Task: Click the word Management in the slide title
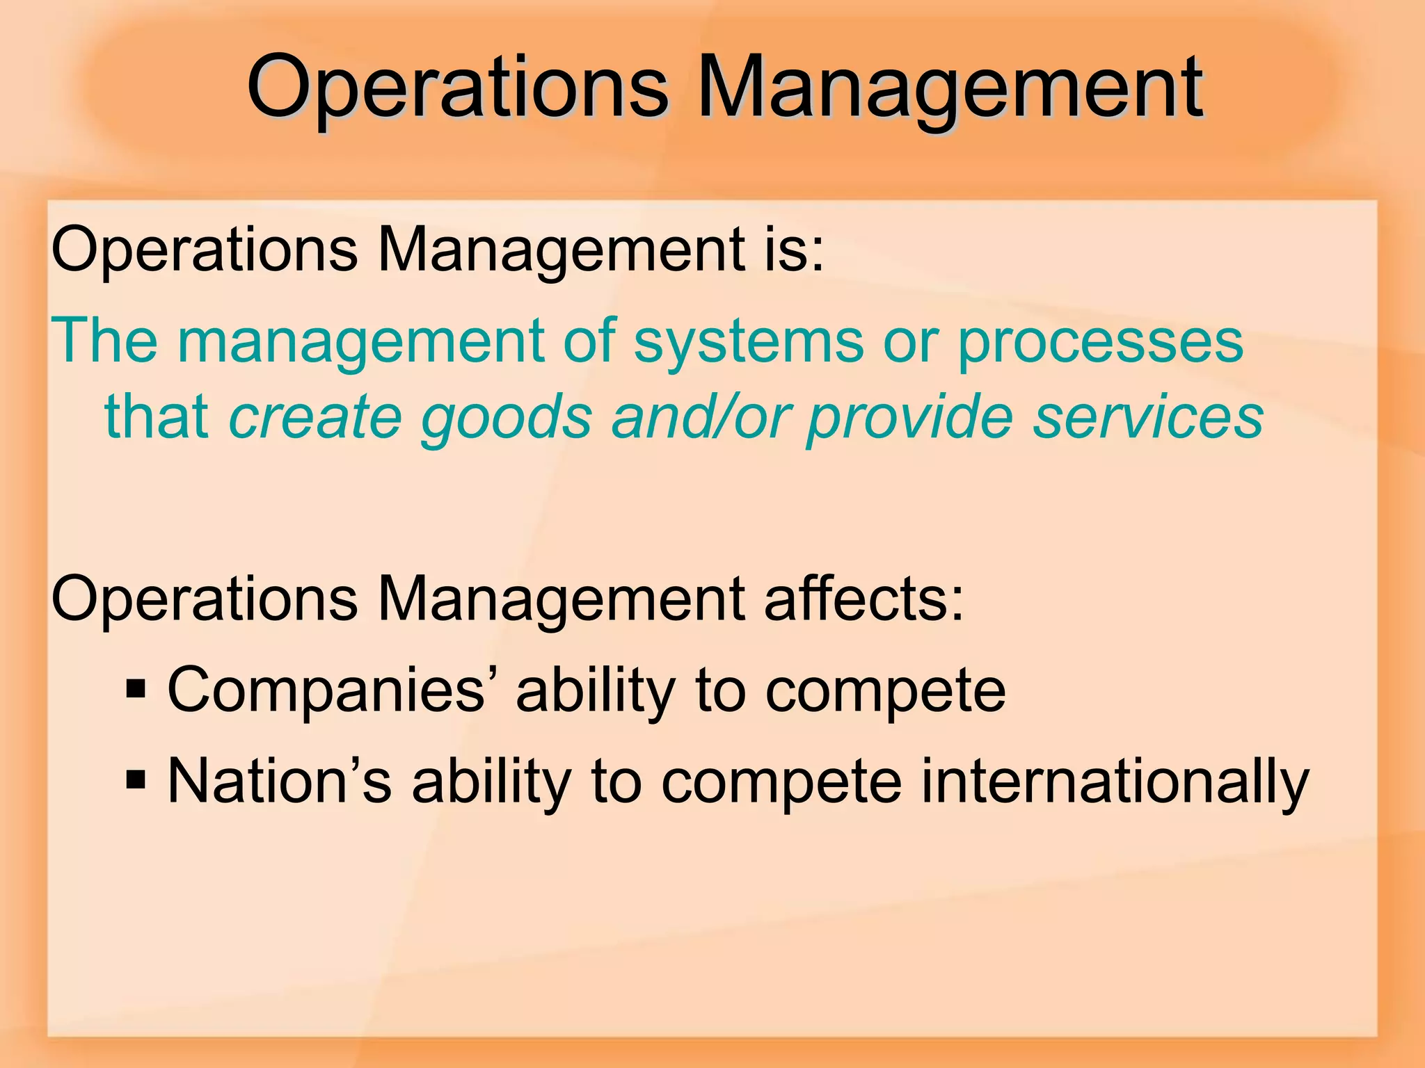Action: (949, 89)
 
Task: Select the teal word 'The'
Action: (104, 341)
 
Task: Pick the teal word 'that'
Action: (157, 416)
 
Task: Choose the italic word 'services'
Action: (1148, 417)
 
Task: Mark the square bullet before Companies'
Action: (136, 689)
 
